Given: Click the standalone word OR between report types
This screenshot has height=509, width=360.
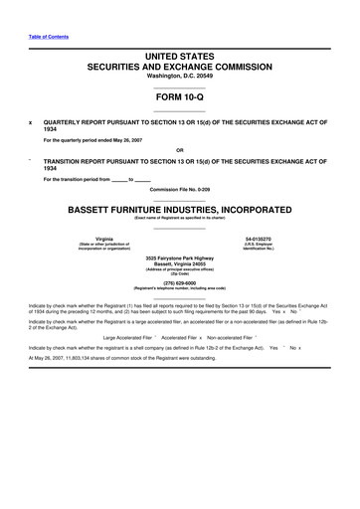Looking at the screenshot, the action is (180, 152).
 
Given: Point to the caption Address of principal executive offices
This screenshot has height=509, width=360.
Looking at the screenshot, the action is (180, 271).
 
